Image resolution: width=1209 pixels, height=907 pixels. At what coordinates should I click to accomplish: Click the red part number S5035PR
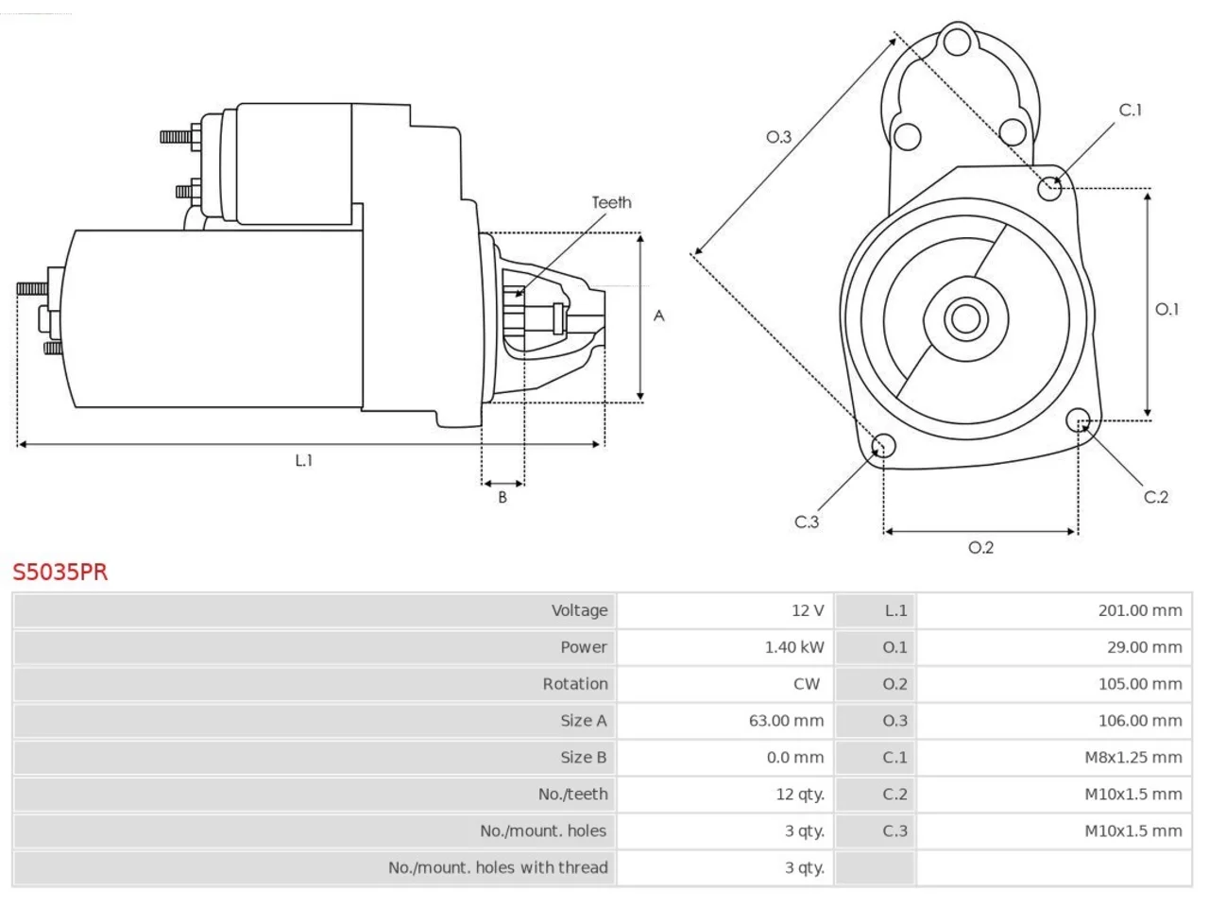click(60, 573)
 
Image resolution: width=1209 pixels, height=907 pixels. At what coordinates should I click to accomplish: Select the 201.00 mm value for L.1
click(1140, 610)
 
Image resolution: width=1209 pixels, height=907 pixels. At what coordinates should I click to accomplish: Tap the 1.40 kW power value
click(793, 647)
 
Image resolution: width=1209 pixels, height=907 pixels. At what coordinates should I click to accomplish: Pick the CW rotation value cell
click(807, 684)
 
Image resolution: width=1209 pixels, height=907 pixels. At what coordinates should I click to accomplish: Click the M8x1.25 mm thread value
click(1133, 757)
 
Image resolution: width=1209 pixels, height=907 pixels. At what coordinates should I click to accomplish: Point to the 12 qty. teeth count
click(800, 795)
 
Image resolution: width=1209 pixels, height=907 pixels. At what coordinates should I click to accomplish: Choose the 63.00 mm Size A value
click(786, 720)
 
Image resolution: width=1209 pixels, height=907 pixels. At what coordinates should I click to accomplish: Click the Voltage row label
click(579, 610)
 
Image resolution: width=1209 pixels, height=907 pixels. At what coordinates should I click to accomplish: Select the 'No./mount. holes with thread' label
click(498, 867)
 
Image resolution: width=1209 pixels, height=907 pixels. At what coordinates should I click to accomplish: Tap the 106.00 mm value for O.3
click(1140, 720)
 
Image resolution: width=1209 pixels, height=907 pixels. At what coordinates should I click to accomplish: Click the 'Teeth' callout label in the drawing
click(611, 202)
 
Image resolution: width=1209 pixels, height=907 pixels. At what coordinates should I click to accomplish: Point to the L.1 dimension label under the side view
click(304, 460)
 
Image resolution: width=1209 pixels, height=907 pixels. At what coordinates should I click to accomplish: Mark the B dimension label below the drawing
click(502, 497)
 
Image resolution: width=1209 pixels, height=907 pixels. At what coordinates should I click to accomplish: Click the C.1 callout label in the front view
click(1130, 111)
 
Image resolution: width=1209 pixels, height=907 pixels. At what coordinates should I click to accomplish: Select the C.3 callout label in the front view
click(807, 522)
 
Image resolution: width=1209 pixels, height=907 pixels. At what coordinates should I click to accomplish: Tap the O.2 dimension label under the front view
click(981, 547)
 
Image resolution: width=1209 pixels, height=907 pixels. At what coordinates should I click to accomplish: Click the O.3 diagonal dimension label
click(778, 137)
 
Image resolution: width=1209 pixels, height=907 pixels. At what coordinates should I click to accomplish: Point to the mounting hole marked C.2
click(1078, 420)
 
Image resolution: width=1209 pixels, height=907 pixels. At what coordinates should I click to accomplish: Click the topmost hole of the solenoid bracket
click(957, 42)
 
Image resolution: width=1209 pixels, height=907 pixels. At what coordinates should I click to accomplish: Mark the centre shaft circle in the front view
click(965, 318)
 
